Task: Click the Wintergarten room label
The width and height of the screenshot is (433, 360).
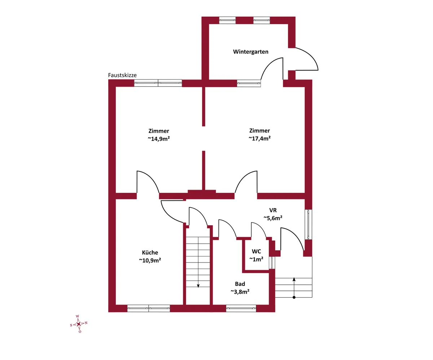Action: pos(250,52)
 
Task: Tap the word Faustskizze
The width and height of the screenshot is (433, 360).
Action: pos(122,75)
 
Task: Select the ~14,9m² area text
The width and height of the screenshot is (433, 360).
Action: pos(159,139)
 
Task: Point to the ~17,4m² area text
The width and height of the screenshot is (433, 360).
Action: pos(260,138)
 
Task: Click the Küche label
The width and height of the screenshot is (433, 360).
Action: pos(150,252)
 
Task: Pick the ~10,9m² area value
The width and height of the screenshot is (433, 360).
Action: pos(150,260)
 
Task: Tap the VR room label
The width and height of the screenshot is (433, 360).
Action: pos(273,210)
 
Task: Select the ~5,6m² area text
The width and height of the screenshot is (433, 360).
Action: pos(273,218)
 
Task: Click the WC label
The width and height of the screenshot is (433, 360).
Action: pos(256,251)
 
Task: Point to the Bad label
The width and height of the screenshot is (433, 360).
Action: pos(240,284)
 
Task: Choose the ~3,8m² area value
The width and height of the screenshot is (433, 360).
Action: pos(240,292)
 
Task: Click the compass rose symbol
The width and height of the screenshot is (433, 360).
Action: pos(79,324)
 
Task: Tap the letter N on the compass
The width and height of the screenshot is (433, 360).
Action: pos(86,323)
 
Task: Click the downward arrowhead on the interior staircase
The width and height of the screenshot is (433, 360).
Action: pos(198,286)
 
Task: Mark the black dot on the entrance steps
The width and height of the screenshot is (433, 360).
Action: pos(294,297)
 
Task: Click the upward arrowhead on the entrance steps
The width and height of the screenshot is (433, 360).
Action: pos(294,279)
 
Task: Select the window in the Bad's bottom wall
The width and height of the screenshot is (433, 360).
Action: pos(241,309)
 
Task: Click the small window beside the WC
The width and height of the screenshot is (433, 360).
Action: pos(272,263)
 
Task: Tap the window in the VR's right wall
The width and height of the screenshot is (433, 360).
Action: pos(309,225)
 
